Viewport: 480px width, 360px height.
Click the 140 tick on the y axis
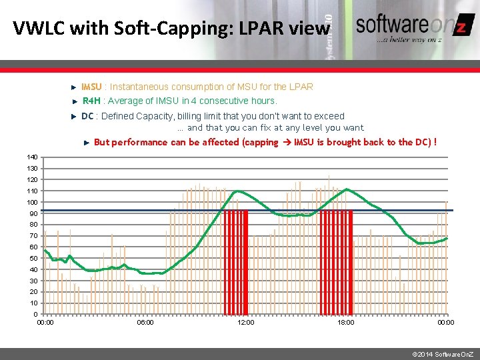pyautogui.click(x=32, y=157)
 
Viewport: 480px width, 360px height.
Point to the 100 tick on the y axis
pyautogui.click(x=32, y=202)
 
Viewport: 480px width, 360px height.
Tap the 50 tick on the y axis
pyautogui.click(x=33, y=258)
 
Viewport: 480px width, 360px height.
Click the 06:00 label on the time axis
pyautogui.click(x=145, y=323)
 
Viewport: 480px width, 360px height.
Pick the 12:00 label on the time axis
pyautogui.click(x=246, y=323)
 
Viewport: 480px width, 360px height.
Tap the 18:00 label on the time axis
pyautogui.click(x=346, y=323)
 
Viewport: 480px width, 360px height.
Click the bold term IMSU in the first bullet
pyautogui.click(x=91, y=87)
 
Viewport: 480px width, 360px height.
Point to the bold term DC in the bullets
pyautogui.click(x=87, y=116)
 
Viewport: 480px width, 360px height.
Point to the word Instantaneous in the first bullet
pyautogui.click(x=139, y=87)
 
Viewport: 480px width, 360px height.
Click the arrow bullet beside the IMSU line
pyautogui.click(x=74, y=87)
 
